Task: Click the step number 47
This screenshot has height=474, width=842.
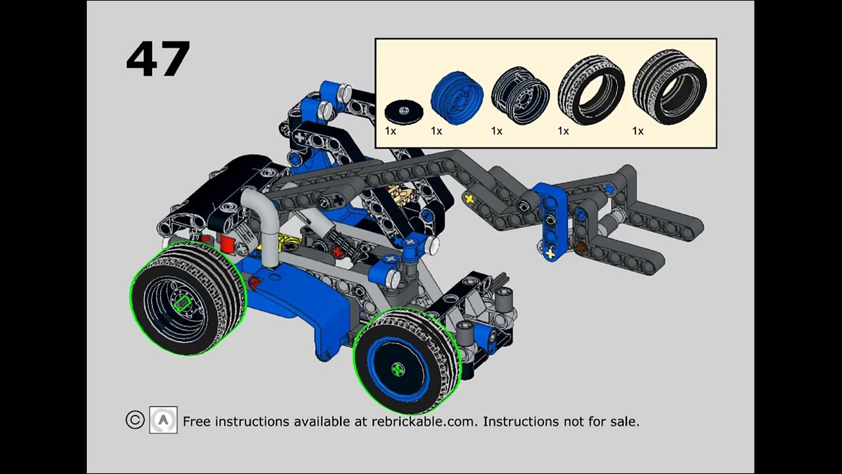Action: click(x=158, y=59)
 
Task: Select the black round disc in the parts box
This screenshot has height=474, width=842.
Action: click(x=403, y=111)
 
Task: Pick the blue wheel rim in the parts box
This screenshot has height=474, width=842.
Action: click(x=457, y=98)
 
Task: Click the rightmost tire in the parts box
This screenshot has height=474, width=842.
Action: click(x=669, y=87)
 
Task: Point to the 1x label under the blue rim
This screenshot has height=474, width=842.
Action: click(x=436, y=131)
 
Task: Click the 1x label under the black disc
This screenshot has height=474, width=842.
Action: click(x=390, y=131)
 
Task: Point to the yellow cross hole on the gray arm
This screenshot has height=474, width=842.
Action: click(x=469, y=197)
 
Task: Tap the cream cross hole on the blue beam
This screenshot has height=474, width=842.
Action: click(x=551, y=252)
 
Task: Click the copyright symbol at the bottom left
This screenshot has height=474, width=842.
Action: click(x=135, y=420)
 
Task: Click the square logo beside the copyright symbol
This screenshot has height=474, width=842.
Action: click(x=163, y=420)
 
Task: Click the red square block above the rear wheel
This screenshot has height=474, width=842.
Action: click(x=228, y=244)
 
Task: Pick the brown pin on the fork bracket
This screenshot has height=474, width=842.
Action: click(x=581, y=248)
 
